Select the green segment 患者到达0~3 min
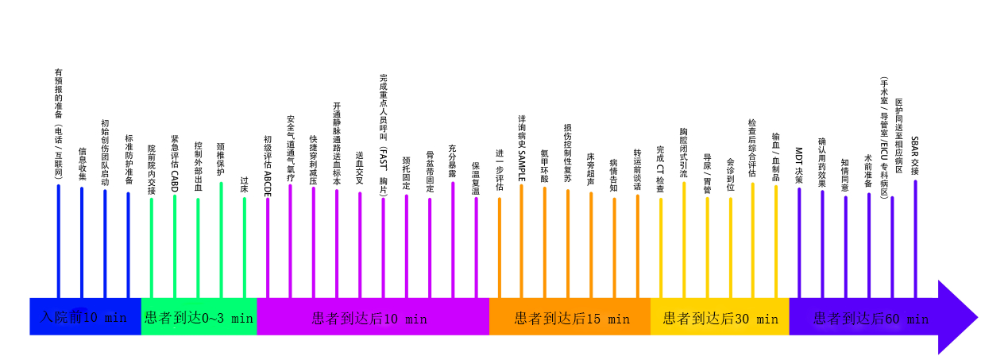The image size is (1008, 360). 199,316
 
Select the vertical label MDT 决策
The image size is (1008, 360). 799,165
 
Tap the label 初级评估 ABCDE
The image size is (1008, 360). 268,165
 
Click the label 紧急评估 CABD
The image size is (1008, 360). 175,164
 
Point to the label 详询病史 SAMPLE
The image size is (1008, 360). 522,149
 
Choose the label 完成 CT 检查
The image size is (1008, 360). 660,169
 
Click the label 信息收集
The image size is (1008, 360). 82,164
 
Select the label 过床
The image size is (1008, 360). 244,185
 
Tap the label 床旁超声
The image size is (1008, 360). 591,169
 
